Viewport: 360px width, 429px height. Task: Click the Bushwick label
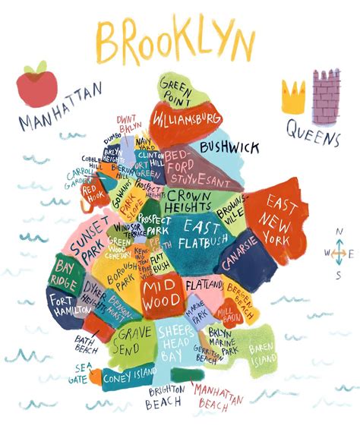(x=229, y=147)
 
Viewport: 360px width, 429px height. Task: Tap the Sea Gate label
(x=78, y=373)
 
